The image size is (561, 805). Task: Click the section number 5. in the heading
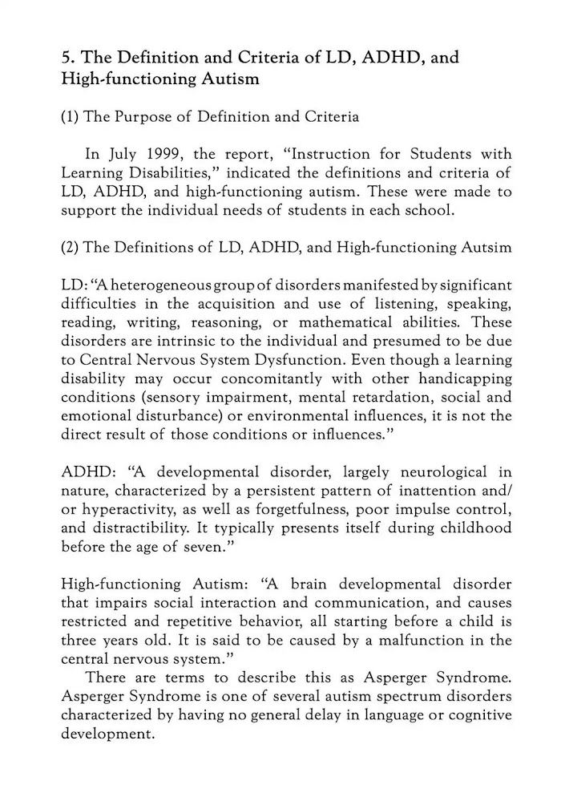(69, 58)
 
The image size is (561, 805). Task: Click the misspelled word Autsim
(486, 246)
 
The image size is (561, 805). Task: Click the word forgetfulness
(311, 508)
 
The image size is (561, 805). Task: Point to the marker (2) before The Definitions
(70, 246)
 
